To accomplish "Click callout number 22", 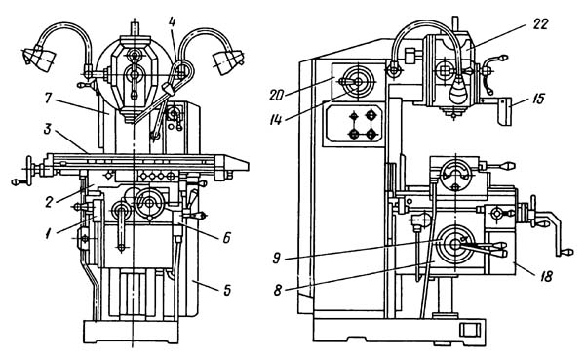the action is point(540,24).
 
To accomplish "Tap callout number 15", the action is point(536,100).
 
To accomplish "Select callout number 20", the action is point(277,96).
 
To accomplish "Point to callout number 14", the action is point(276,120).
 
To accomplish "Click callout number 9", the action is point(277,259).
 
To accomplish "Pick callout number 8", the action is point(277,290).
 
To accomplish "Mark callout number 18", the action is point(545,277).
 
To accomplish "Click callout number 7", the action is point(48,99).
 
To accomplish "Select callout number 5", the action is point(227,290).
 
